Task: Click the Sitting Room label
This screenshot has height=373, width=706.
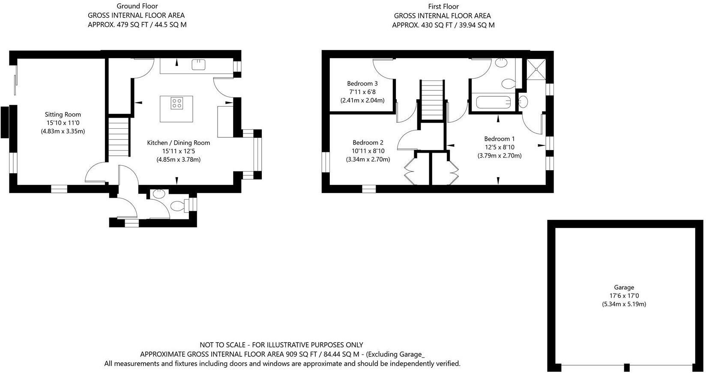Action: [63, 115]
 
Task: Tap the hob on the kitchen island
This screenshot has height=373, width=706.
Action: [176, 103]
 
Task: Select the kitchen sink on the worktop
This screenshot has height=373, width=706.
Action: [199, 65]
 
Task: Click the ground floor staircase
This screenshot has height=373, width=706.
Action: [119, 138]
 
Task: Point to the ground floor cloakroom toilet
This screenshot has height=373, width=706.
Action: [177, 207]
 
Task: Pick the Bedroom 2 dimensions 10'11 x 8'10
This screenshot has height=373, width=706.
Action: [368, 151]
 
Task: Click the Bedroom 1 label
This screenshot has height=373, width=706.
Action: [500, 139]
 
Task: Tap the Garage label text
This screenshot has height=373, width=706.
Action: [624, 287]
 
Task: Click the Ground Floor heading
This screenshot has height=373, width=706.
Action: [137, 6]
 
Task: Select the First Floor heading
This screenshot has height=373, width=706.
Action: [443, 6]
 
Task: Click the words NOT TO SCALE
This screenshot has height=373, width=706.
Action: [221, 345]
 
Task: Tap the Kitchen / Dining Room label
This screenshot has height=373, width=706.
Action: [179, 143]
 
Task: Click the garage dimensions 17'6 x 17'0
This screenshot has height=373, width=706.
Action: [624, 296]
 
